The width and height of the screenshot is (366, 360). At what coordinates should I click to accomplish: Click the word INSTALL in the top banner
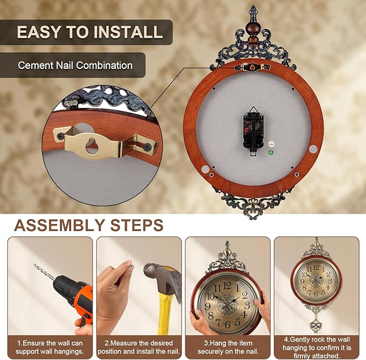pos(128,32)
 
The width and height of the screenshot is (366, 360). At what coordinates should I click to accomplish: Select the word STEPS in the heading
pos(136,225)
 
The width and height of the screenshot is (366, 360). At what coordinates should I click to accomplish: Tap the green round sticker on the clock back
pos(271,153)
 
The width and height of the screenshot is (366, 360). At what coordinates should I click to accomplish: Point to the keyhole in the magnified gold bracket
pos(92,146)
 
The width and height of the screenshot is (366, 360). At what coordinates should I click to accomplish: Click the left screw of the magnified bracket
pos(60,135)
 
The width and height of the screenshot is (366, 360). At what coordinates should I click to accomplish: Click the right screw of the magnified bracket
pos(148,147)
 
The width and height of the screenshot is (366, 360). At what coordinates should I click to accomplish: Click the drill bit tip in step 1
pos(35,266)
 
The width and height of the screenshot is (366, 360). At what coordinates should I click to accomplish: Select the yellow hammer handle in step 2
pos(165,313)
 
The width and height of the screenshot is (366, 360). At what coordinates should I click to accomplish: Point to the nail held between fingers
pos(130,267)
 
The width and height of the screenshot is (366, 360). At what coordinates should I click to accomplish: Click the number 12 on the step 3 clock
pos(227,286)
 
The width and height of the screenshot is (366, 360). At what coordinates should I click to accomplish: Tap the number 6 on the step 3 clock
pos(228,324)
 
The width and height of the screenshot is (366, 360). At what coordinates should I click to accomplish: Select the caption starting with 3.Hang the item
pos(228,347)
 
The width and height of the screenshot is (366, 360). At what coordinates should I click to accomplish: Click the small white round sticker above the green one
pos(271,144)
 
